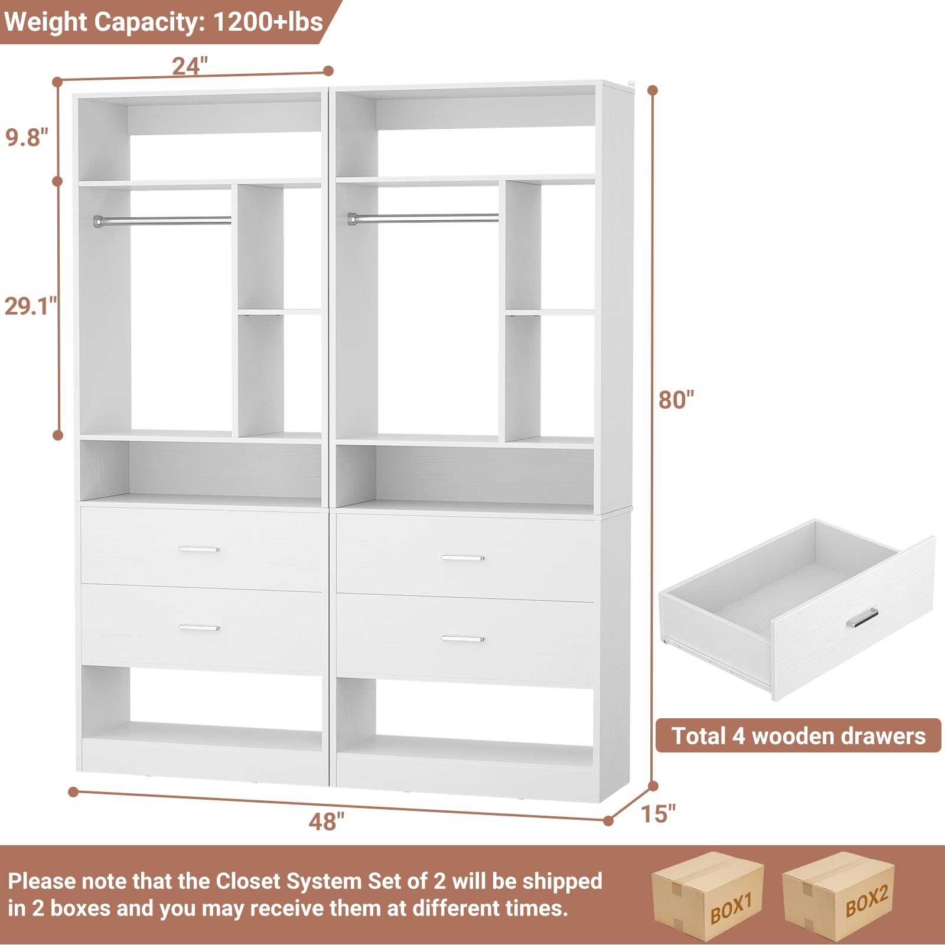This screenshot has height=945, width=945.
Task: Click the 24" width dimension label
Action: [x=190, y=66]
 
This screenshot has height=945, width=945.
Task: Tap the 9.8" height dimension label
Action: [x=27, y=137]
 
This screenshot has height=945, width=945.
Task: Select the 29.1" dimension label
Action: [x=30, y=306]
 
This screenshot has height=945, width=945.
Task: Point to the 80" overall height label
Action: [x=676, y=400]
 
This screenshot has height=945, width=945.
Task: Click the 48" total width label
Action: [x=326, y=821]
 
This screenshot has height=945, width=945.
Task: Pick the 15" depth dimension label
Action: [x=658, y=814]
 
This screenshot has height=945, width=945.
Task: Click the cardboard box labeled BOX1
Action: [x=707, y=896]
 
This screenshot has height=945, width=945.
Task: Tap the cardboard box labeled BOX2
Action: [x=839, y=896]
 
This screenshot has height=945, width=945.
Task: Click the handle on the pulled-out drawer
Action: [x=862, y=618]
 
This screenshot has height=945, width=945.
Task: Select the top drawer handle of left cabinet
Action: [x=198, y=549]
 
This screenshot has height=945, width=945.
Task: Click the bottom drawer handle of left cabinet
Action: [x=198, y=628]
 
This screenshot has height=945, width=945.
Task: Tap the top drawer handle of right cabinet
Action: [x=462, y=558]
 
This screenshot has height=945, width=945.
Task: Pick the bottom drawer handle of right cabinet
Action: [x=462, y=638]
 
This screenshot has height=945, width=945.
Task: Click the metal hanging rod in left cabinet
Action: [x=162, y=220]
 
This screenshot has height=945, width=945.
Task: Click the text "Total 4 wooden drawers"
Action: [x=798, y=736]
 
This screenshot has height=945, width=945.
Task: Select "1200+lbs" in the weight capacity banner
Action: [x=268, y=22]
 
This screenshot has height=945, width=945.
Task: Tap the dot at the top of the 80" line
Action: [x=653, y=90]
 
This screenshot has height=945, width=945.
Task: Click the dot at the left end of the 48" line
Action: [x=73, y=791]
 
